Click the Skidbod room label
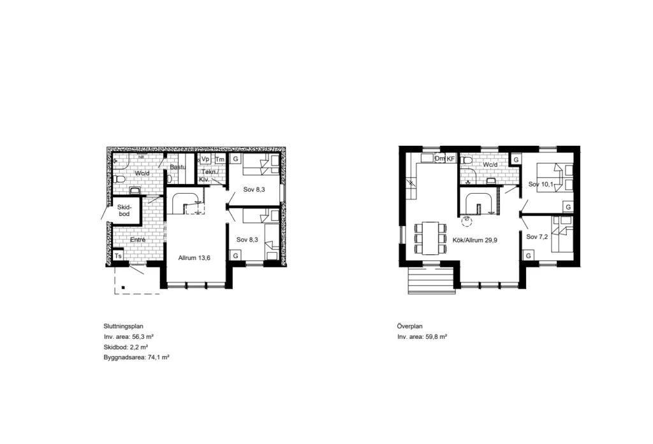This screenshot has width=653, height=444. (124, 211)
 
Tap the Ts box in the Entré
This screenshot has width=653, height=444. (118, 256)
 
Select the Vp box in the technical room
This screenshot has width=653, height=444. (205, 159)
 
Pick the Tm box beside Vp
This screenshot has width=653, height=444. (220, 159)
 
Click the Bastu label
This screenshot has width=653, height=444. (177, 168)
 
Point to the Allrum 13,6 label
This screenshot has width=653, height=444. (194, 258)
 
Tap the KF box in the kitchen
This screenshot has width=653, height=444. (451, 159)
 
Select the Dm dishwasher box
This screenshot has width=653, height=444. (440, 159)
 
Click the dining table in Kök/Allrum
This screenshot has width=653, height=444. (430, 238)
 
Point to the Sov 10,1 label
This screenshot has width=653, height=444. (541, 184)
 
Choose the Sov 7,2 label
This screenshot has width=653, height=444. (537, 237)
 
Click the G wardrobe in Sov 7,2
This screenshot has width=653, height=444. (529, 255)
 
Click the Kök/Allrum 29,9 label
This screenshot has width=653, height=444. (474, 240)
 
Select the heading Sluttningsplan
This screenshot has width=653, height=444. (123, 326)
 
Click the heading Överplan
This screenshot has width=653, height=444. (410, 326)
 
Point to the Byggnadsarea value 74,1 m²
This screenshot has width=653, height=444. (159, 357)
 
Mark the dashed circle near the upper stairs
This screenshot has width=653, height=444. (467, 221)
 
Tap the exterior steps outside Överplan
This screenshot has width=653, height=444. (431, 280)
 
